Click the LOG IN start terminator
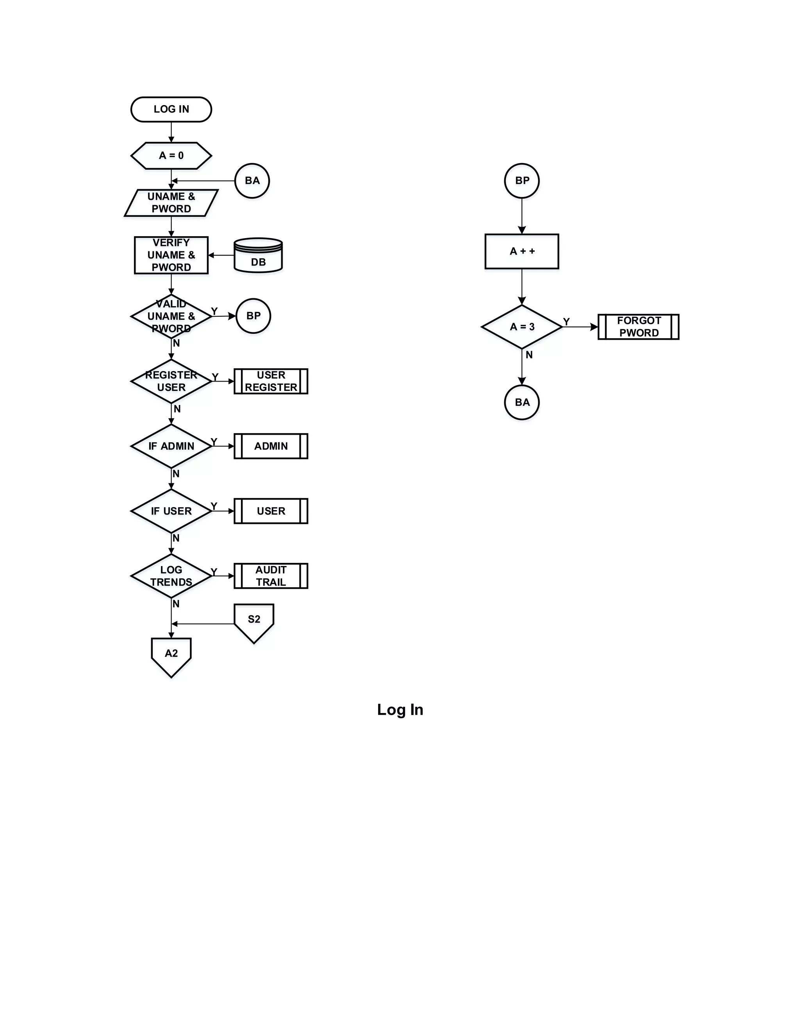click(x=171, y=109)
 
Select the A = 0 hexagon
click(x=171, y=156)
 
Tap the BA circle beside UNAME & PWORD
click(x=252, y=181)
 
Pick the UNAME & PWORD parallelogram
click(x=171, y=203)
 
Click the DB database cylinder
click(x=258, y=256)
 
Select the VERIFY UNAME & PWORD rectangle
click(x=171, y=255)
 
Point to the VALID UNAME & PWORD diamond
click(x=171, y=316)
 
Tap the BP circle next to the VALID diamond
click(x=253, y=316)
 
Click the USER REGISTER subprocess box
click(x=271, y=382)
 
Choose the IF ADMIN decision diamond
click(x=171, y=446)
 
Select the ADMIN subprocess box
click(x=271, y=446)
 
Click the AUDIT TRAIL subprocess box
click(x=271, y=576)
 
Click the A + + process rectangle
click(x=522, y=251)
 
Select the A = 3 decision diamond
click(x=522, y=327)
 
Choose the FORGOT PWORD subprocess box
click(x=638, y=327)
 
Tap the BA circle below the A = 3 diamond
click(x=522, y=402)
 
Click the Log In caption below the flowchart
click(x=400, y=710)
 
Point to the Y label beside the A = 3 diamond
click(x=566, y=322)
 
